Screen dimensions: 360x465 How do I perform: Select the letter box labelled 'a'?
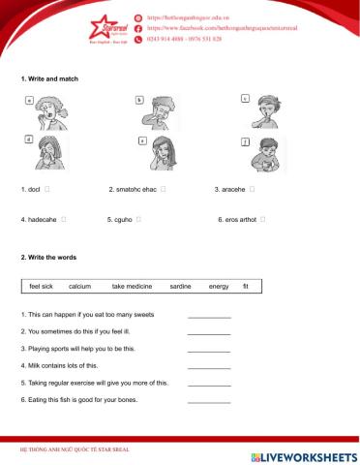(29, 101)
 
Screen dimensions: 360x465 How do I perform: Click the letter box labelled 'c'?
(245, 99)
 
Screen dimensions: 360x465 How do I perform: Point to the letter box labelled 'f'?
(247, 142)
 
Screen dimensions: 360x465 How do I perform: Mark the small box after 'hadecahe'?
(64, 220)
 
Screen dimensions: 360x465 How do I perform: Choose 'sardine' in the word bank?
(180, 287)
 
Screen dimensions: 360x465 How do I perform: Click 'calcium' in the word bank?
(80, 287)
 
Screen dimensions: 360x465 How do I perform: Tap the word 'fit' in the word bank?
(246, 287)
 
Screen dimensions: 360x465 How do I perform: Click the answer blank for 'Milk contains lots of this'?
(209, 367)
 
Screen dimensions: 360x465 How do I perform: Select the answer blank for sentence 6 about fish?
(209, 400)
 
